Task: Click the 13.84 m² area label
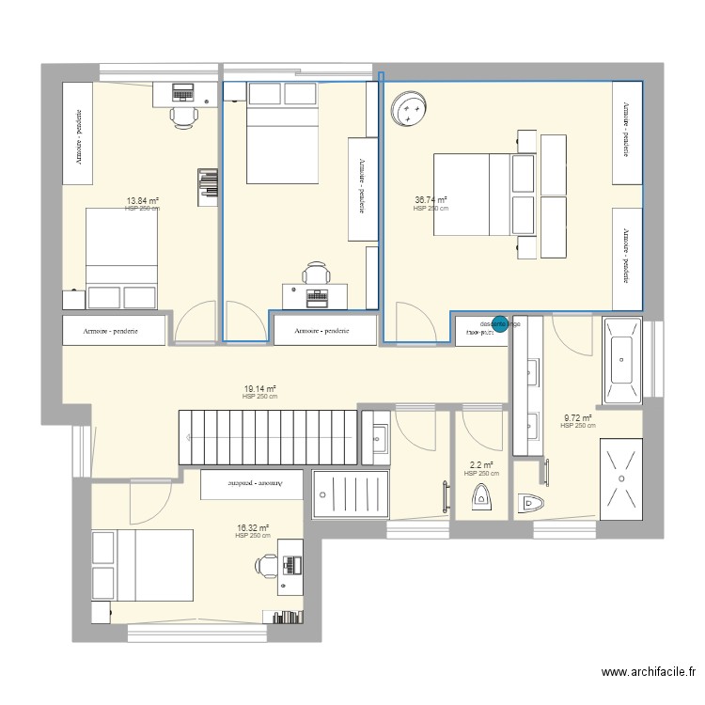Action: coord(142,200)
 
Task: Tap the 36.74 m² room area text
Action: coord(431,199)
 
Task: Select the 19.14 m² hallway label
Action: coord(259,388)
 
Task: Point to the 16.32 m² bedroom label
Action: coord(253,528)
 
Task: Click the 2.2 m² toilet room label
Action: coord(481,464)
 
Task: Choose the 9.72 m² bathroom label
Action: coord(577,418)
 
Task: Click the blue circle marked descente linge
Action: coord(500,324)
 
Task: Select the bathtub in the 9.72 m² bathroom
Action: coord(622,359)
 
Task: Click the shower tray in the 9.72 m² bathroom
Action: coord(620,477)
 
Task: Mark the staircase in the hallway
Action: coord(268,437)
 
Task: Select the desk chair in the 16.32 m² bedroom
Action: coord(269,565)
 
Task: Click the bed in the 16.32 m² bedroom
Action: coord(141,564)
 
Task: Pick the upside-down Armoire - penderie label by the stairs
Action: coord(252,482)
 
